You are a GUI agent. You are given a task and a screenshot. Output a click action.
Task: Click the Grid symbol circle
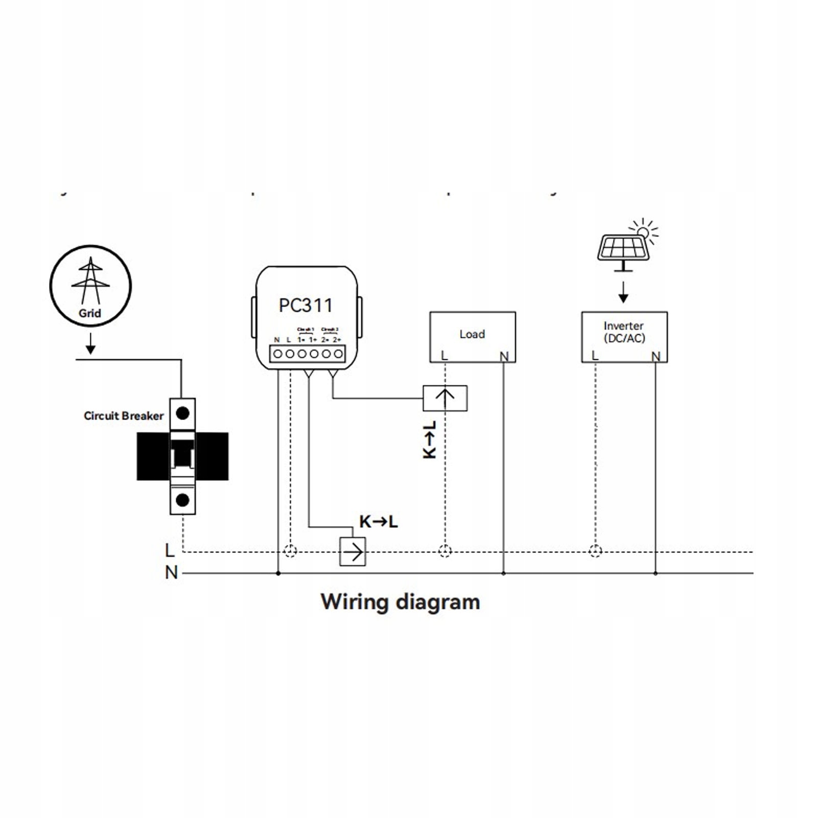tap(90, 286)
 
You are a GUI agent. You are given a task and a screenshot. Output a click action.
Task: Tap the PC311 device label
tap(306, 306)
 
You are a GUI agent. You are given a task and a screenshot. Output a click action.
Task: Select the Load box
tap(472, 337)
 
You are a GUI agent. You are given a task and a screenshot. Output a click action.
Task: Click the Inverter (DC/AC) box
tap(624, 337)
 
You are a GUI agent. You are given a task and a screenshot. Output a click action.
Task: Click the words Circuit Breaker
tap(124, 416)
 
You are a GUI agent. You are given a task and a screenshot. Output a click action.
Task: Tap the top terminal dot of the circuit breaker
tap(182, 413)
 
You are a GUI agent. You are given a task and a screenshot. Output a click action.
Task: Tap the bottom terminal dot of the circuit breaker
tap(182, 500)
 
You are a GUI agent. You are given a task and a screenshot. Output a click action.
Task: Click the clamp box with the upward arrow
tap(445, 398)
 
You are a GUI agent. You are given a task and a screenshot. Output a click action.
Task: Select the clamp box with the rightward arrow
tap(353, 552)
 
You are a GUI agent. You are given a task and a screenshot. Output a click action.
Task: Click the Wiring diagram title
tap(400, 602)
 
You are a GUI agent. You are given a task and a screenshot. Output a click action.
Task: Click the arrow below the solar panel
tap(623, 292)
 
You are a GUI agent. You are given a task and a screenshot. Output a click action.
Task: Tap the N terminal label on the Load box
tap(504, 356)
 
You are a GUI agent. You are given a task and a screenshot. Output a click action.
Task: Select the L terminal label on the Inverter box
tap(595, 355)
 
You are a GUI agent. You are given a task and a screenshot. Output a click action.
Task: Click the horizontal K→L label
tap(378, 522)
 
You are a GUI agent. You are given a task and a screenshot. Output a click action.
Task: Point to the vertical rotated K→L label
tap(430, 440)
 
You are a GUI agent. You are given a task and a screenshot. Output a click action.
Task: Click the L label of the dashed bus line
tap(170, 550)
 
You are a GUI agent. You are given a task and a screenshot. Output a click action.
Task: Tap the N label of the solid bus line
tap(171, 573)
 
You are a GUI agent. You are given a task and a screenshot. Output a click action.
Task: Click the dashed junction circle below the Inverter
tap(595, 551)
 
